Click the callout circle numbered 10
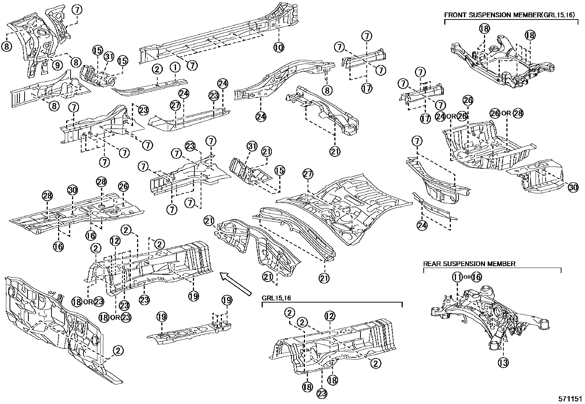tap(279, 47)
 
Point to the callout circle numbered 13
tap(503, 363)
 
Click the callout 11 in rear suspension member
tap(457, 277)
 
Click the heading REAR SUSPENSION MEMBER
tap(469, 264)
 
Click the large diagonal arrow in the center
tap(235, 283)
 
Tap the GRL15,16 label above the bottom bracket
tap(276, 298)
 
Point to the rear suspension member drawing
tap(492, 316)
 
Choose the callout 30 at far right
tap(573, 187)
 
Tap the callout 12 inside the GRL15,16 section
tap(330, 315)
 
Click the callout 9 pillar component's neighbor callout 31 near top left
tap(109, 57)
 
